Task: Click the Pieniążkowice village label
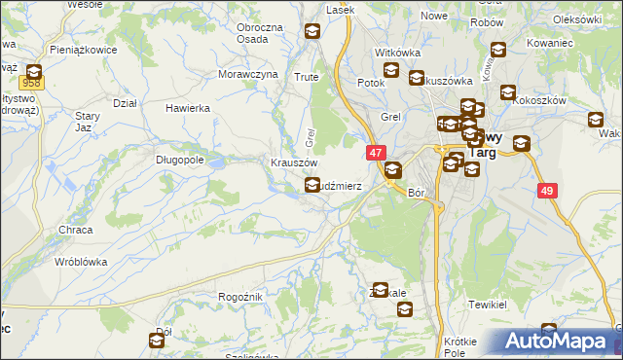85,49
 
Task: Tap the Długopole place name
181,159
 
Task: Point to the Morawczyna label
247,74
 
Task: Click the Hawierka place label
188,108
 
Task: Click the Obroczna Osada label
259,32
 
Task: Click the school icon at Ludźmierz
311,184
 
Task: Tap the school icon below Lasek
311,32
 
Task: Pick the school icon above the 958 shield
33,71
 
